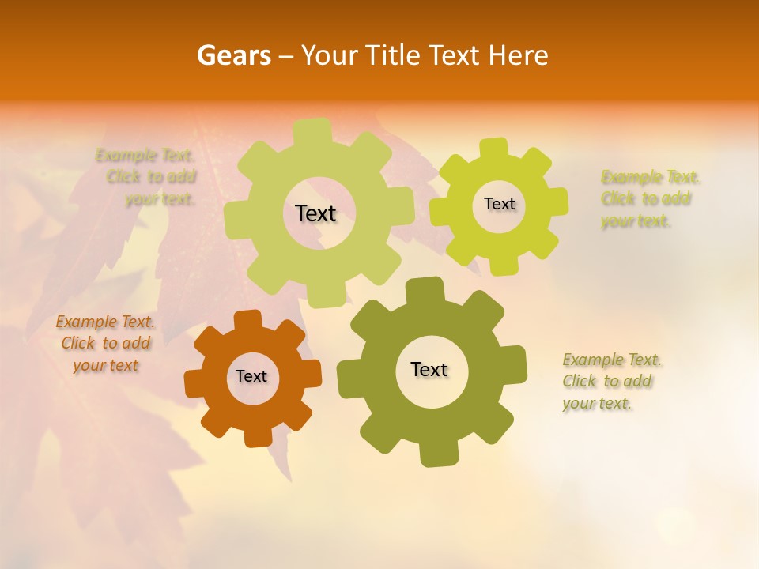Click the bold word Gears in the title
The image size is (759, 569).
pyautogui.click(x=233, y=55)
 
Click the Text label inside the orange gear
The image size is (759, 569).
pyautogui.click(x=251, y=377)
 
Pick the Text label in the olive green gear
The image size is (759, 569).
pyautogui.click(x=429, y=370)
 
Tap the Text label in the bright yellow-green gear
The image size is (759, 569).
pyautogui.click(x=500, y=204)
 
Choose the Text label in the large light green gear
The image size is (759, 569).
pyautogui.click(x=315, y=213)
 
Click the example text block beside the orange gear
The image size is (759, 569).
pyautogui.click(x=105, y=344)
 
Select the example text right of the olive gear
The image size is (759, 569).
pyautogui.click(x=611, y=382)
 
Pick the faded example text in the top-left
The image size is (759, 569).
pyautogui.click(x=147, y=177)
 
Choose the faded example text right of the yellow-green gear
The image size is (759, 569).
pyautogui.click(x=649, y=199)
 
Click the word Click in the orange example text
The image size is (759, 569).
pyautogui.click(x=78, y=344)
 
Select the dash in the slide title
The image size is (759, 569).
pyautogui.click(x=287, y=56)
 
